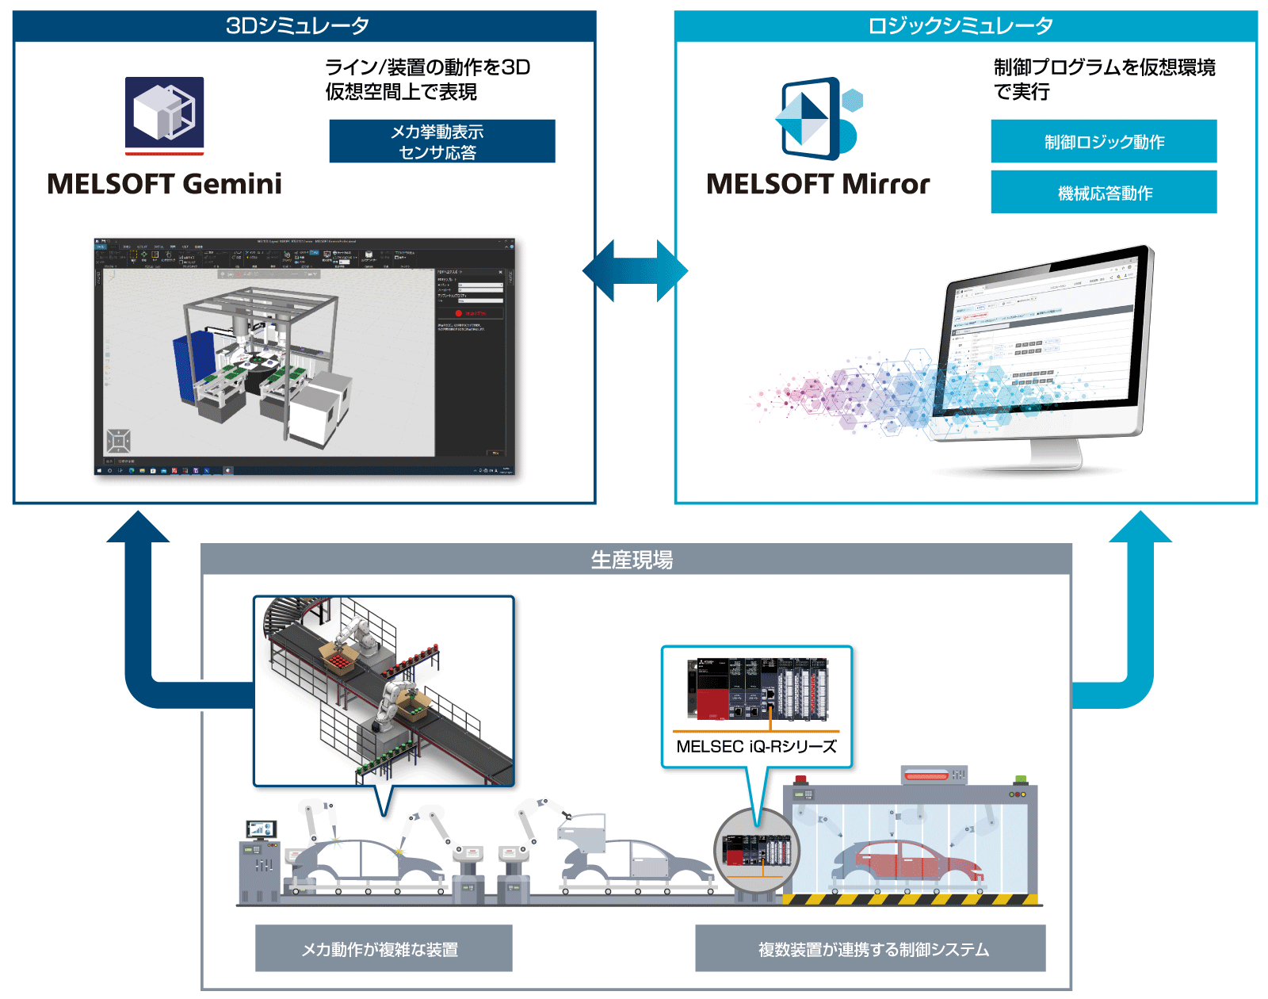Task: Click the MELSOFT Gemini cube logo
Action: [164, 113]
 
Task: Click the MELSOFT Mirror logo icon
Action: [816, 119]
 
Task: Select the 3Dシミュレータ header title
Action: [298, 26]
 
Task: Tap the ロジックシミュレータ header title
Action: [961, 26]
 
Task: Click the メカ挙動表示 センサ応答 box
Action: [441, 141]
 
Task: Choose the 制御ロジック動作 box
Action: [1103, 141]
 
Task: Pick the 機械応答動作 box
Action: [1103, 192]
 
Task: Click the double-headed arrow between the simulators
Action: [635, 271]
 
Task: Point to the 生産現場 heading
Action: [632, 560]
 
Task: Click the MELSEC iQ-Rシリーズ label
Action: [756, 746]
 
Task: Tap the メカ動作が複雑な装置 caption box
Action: [383, 948]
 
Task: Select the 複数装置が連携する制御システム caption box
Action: [870, 948]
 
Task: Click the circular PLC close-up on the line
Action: [756, 851]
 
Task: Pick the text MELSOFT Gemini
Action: [164, 184]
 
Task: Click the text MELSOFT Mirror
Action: [818, 184]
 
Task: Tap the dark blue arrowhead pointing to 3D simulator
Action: [138, 527]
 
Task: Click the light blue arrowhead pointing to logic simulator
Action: [1140, 527]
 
